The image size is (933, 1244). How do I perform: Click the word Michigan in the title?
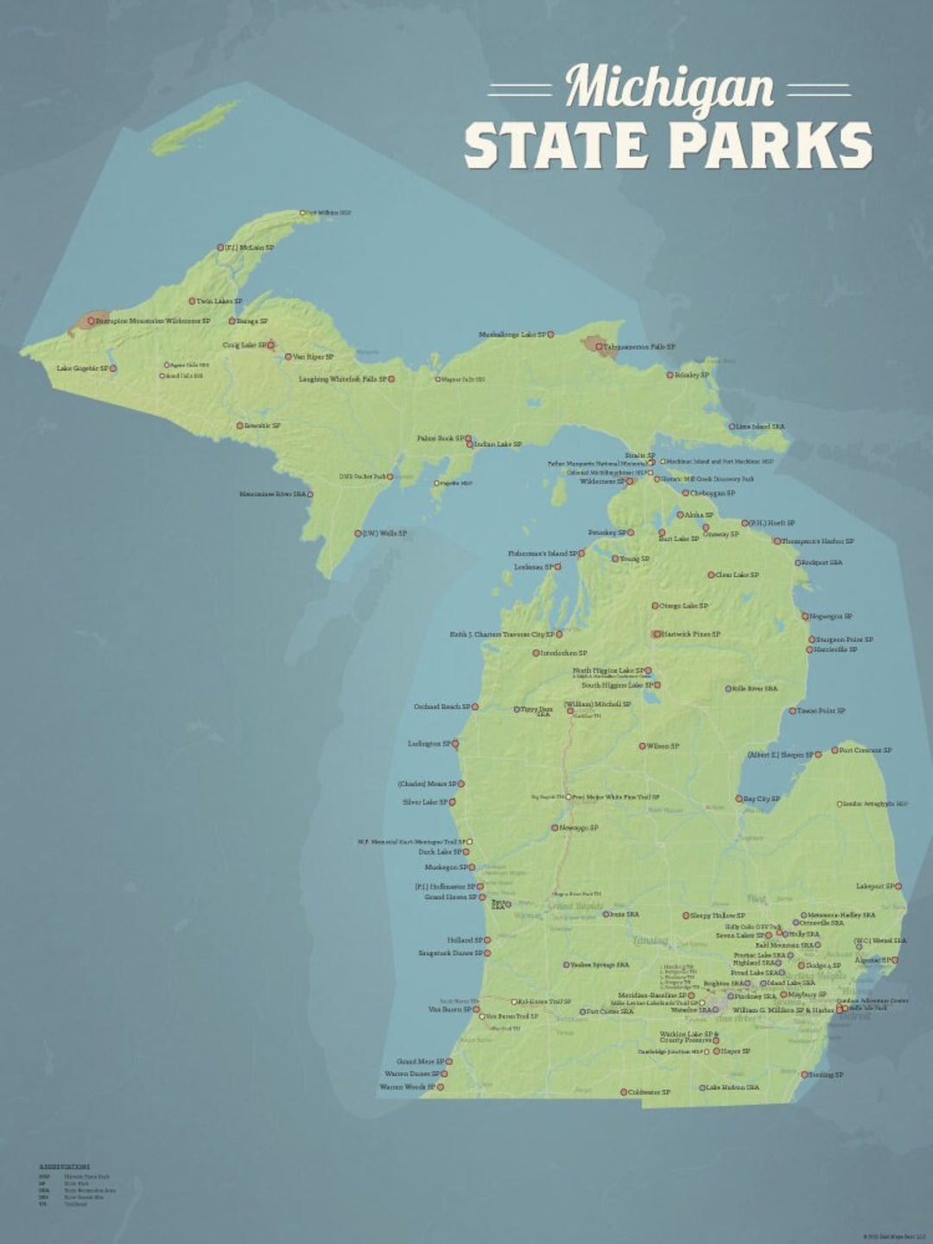tap(670, 88)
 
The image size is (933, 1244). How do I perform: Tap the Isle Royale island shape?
tap(195, 128)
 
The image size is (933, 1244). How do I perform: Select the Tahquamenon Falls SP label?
tap(639, 346)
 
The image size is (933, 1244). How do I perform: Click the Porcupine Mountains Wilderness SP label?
tap(152, 321)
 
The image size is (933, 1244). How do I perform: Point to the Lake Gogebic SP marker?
tap(112, 369)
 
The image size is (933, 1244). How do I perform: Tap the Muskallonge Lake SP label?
tap(512, 334)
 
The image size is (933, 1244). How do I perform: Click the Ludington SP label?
tap(428, 744)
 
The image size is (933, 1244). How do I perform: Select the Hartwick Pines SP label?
tap(691, 634)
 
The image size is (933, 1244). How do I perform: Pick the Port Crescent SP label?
tap(866, 751)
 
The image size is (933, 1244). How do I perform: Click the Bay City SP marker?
tap(739, 799)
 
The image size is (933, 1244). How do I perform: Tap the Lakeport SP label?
tap(875, 886)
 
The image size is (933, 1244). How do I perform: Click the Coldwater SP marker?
tap(624, 1093)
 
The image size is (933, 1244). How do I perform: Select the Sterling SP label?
tap(827, 1075)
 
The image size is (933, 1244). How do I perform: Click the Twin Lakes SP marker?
tap(193, 301)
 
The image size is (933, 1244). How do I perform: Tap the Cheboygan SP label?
tap(713, 493)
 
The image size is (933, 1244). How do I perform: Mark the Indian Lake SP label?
tap(498, 444)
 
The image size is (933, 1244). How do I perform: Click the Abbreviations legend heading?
tap(64, 1167)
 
